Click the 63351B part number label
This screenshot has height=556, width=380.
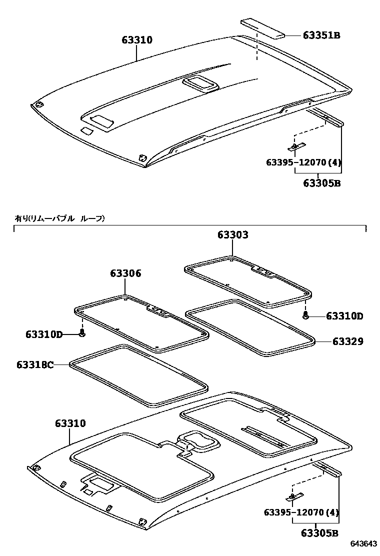(x=321, y=35)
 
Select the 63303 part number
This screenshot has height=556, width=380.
(x=232, y=234)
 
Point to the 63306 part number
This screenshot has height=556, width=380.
(x=125, y=273)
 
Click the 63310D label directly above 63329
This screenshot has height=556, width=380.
(x=344, y=316)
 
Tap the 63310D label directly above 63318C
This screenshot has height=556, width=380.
(x=44, y=334)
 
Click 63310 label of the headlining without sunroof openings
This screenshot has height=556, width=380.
(x=136, y=40)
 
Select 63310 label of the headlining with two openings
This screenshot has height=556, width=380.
(x=70, y=424)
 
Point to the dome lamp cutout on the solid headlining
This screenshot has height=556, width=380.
(x=200, y=83)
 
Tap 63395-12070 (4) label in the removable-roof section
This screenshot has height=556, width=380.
(x=301, y=512)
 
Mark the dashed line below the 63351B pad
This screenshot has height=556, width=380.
(x=257, y=47)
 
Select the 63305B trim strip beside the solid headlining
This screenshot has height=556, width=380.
(x=327, y=118)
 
